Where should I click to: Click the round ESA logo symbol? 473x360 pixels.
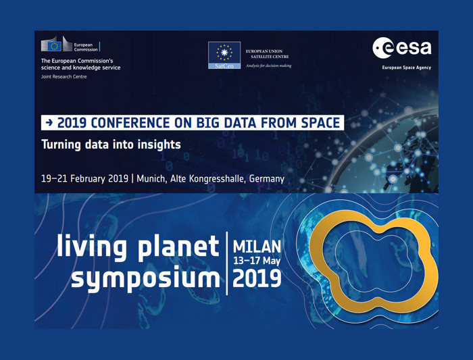tap(382, 48)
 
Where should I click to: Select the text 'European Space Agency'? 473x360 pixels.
tap(406, 68)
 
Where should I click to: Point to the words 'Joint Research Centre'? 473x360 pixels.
tap(64, 76)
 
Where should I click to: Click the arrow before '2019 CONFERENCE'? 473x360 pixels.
tap(49, 122)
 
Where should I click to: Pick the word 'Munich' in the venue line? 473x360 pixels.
tap(151, 178)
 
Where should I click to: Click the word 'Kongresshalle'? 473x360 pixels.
tap(217, 179)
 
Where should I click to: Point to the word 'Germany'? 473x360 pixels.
tap(267, 179)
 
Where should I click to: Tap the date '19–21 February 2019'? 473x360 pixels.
tap(84, 178)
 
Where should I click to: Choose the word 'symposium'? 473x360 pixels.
tap(145, 279)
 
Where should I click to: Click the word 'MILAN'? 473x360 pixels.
tap(257, 247)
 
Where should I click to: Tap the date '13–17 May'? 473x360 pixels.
tap(257, 261)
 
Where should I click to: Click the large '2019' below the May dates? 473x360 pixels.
tap(257, 278)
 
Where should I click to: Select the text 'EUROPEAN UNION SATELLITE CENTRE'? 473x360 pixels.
tap(267, 53)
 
